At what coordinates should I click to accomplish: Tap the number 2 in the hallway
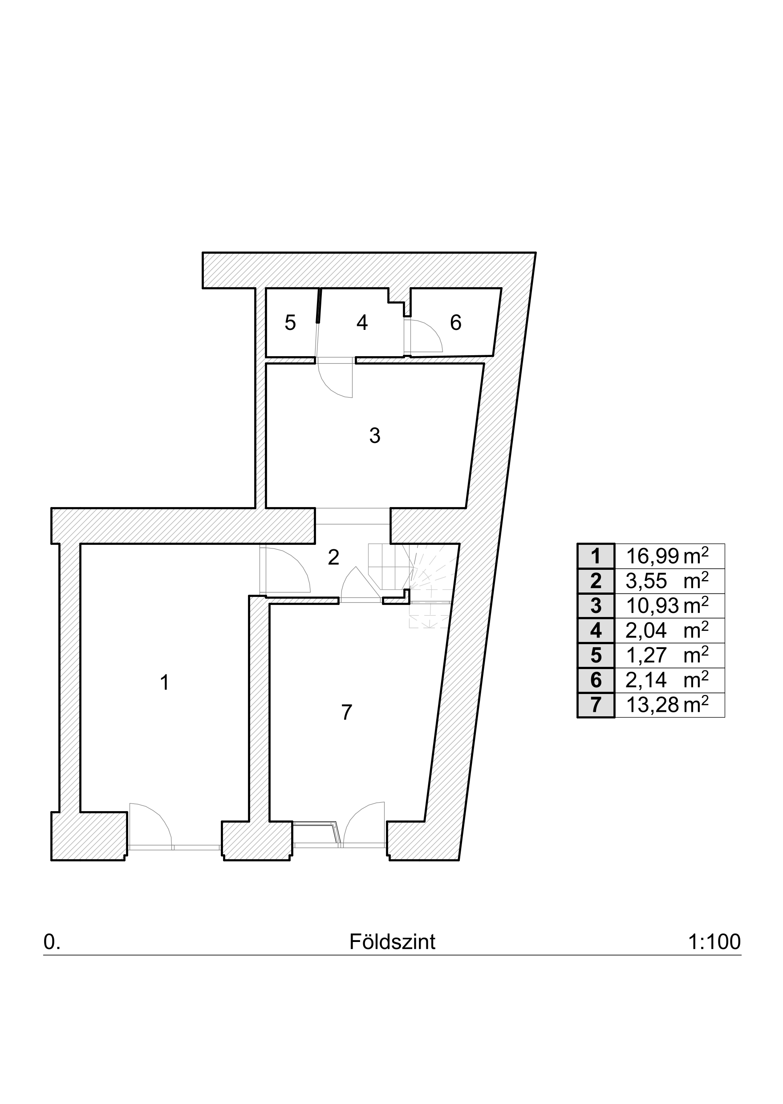coord(333,557)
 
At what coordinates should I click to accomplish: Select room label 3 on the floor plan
coord(375,435)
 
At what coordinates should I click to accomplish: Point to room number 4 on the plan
coord(362,323)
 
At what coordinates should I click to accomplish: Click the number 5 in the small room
coord(290,323)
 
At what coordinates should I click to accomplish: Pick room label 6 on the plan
coord(456,323)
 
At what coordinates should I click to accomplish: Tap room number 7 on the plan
coord(347,713)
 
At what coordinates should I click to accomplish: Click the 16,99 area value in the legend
coord(652,556)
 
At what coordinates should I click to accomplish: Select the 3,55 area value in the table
coord(646,581)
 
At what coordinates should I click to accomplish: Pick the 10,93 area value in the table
coord(652,606)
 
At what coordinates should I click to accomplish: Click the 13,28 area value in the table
coord(652,705)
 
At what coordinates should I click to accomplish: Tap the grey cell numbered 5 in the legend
coord(596,656)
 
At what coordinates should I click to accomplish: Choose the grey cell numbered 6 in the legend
coord(596,681)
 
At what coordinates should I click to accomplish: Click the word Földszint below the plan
coord(393,952)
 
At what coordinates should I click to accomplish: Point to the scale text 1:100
coord(714,952)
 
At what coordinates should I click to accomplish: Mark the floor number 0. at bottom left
coord(52,952)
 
